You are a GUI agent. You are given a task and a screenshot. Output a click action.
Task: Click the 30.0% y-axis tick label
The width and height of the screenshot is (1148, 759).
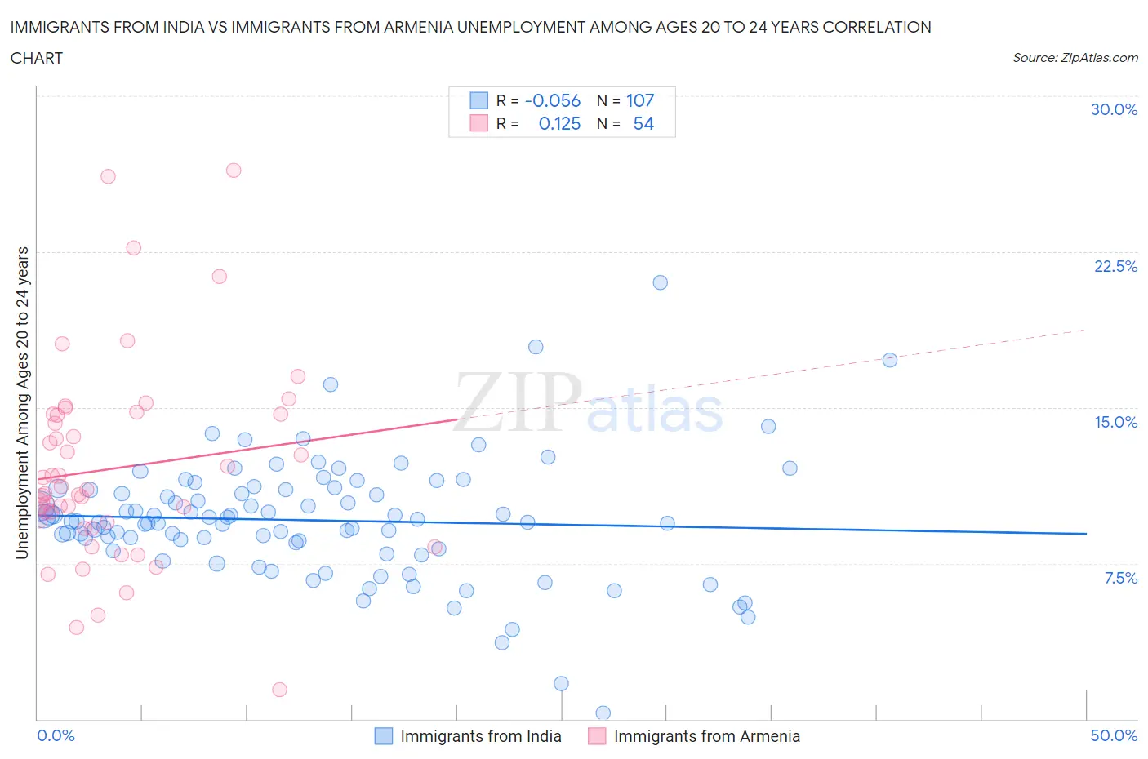coord(1114,110)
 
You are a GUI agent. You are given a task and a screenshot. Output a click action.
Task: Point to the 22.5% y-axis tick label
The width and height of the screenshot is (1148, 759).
coord(1115,266)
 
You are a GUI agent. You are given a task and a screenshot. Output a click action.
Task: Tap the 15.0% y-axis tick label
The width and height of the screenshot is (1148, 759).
coord(1115,422)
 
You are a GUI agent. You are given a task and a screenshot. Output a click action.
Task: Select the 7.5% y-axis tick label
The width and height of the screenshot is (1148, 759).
coord(1120,578)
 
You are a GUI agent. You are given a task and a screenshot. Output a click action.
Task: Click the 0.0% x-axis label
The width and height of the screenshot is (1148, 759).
coord(56,735)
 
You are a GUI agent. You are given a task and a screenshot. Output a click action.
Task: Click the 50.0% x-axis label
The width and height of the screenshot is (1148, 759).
coord(1114,735)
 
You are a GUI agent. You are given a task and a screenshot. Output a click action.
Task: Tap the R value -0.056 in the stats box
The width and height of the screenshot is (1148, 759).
coord(552,100)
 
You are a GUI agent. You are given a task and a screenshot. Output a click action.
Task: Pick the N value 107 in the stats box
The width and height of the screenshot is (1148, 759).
coord(640,100)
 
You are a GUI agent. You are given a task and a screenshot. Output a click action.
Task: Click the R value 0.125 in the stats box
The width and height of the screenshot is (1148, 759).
coord(559,123)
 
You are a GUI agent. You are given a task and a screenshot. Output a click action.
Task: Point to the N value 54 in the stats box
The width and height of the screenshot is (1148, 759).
coord(643,123)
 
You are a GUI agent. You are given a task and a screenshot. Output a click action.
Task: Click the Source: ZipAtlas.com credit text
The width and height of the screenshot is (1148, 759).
coord(1075,58)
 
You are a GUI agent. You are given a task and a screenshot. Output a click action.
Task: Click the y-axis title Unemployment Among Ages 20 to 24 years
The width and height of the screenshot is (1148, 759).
coord(23,403)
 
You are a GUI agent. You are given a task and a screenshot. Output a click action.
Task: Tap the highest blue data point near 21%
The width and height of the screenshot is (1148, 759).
coord(660,282)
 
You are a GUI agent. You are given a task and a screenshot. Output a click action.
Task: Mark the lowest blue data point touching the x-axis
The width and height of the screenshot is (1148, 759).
coord(603,713)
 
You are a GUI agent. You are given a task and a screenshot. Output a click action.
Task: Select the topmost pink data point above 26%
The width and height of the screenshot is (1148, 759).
coord(234,171)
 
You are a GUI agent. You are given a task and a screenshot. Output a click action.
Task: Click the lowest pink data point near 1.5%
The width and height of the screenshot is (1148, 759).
coord(279,690)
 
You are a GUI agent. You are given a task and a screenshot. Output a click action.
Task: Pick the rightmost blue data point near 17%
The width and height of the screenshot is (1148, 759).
coord(890,360)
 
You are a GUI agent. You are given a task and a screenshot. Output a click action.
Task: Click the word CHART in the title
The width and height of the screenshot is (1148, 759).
coord(37,58)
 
